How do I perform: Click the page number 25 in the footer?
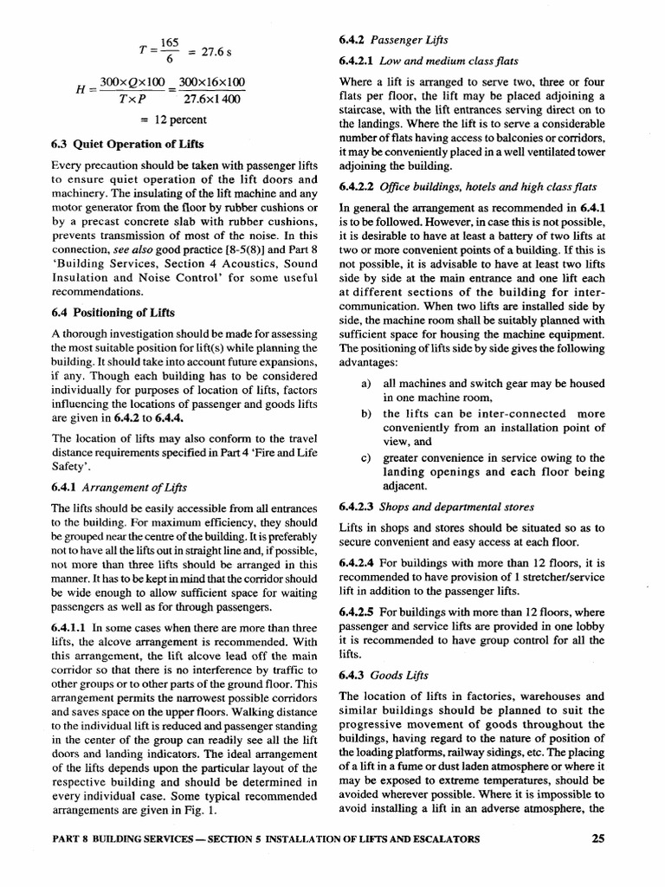pyautogui.click(x=597, y=838)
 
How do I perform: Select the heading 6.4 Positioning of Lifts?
pyautogui.click(x=113, y=313)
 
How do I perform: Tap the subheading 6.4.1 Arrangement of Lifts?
pyautogui.click(x=119, y=488)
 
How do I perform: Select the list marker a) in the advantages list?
pyautogui.click(x=367, y=384)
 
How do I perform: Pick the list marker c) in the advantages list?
pyautogui.click(x=367, y=457)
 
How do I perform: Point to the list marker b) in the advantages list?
pyautogui.click(x=367, y=414)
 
